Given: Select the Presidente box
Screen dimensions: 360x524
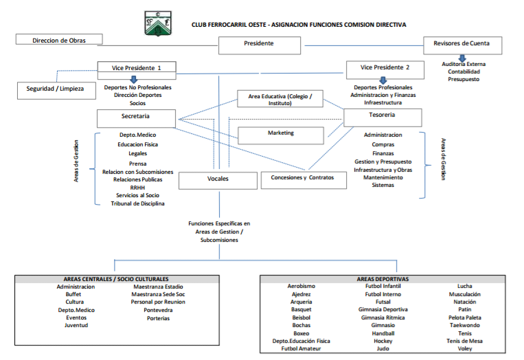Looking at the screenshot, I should [x=259, y=45].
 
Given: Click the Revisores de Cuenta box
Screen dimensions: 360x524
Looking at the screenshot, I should [x=461, y=45].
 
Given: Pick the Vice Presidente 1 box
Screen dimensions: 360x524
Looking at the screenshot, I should [x=137, y=68].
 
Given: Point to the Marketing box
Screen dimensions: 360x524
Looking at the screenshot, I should [x=280, y=134].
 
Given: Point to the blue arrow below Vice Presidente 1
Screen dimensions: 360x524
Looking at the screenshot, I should [x=135, y=80].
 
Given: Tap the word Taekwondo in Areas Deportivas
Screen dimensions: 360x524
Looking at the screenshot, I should [x=465, y=326].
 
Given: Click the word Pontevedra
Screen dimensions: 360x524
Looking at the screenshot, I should [x=158, y=310].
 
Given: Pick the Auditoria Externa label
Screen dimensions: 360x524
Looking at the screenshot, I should [x=464, y=65].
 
